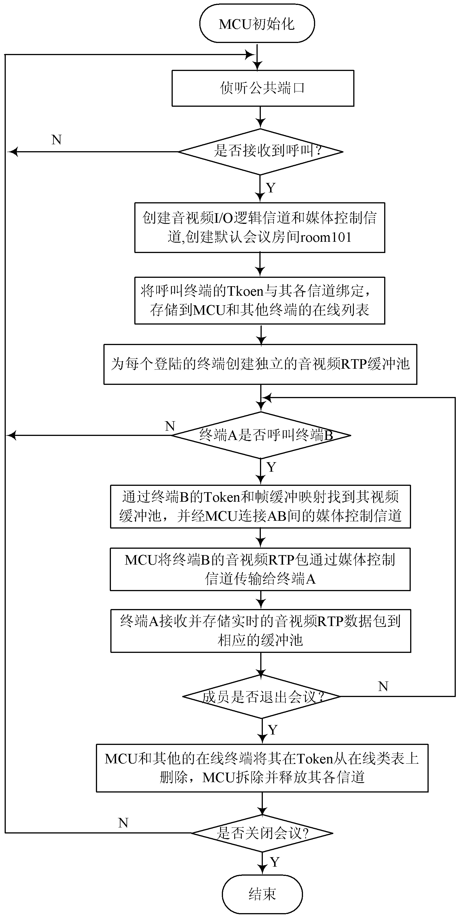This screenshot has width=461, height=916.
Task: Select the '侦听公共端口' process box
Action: pos(263,88)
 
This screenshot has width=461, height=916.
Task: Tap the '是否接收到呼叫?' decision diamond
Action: pos(261,152)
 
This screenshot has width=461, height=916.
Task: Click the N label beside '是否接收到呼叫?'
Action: pos(57,140)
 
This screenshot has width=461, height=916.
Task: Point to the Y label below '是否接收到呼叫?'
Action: pos(271,188)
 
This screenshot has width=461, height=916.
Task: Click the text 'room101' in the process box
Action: pos(326,237)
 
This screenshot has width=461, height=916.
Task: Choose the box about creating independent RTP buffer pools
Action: pos(260,364)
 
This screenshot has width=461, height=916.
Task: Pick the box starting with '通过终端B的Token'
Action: pos(260,506)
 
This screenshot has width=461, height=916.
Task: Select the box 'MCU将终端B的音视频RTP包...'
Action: pos(260,569)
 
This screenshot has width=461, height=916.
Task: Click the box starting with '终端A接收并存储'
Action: pos(261,631)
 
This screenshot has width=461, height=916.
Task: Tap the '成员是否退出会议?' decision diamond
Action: pos(262,696)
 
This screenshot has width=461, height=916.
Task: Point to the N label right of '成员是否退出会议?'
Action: pos(383,686)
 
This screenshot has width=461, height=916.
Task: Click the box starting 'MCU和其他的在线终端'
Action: pos(262,768)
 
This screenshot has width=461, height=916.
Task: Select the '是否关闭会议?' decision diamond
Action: pos(262,833)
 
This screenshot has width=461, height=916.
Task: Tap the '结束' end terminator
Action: pos(262,894)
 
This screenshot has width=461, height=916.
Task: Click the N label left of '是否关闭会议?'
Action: pos(123,823)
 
